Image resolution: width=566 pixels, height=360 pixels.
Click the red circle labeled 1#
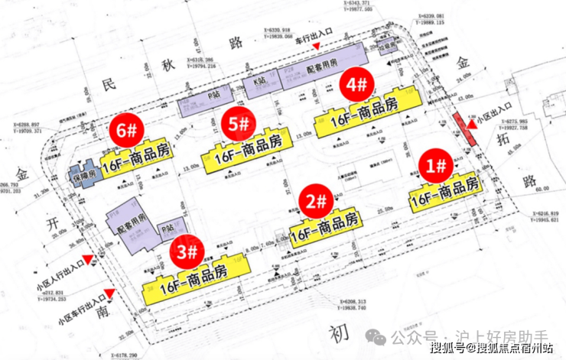pyautogui.click(x=439, y=164)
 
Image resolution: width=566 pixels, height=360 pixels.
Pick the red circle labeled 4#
pyautogui.click(x=358, y=84)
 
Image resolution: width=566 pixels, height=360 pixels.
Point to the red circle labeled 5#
pyautogui.click(x=239, y=122)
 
